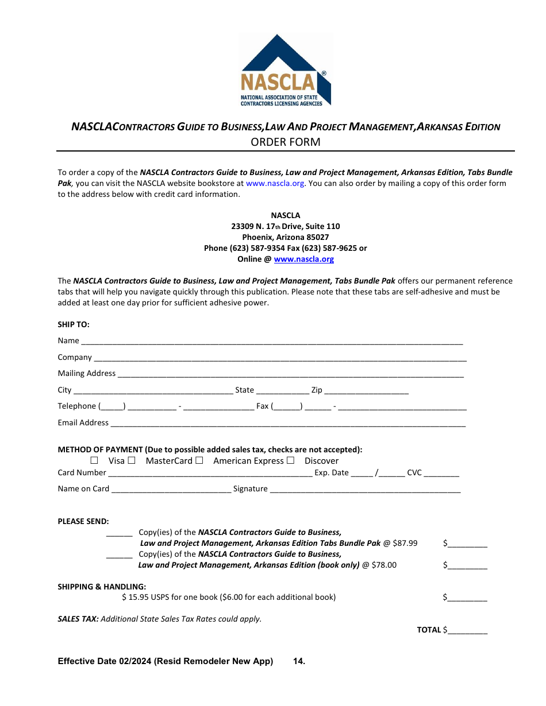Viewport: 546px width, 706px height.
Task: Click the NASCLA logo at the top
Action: point(285,70)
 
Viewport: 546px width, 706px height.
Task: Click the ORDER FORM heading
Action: point(285,142)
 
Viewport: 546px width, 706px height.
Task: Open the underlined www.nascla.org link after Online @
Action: point(303,259)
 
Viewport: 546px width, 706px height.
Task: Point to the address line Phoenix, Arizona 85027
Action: point(285,237)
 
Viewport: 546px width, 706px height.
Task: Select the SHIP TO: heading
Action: point(74,324)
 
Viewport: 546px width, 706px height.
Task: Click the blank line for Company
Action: point(280,358)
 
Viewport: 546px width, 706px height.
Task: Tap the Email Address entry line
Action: point(287,424)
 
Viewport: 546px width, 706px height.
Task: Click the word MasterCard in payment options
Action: point(169,461)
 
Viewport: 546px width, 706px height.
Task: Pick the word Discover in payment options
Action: point(321,461)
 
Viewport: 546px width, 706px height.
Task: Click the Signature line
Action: point(365,490)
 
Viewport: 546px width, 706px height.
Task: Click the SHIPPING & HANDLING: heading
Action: point(102,587)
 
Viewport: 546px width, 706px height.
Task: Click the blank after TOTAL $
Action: point(467,631)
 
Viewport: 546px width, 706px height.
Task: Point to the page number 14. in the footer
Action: point(299,661)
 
